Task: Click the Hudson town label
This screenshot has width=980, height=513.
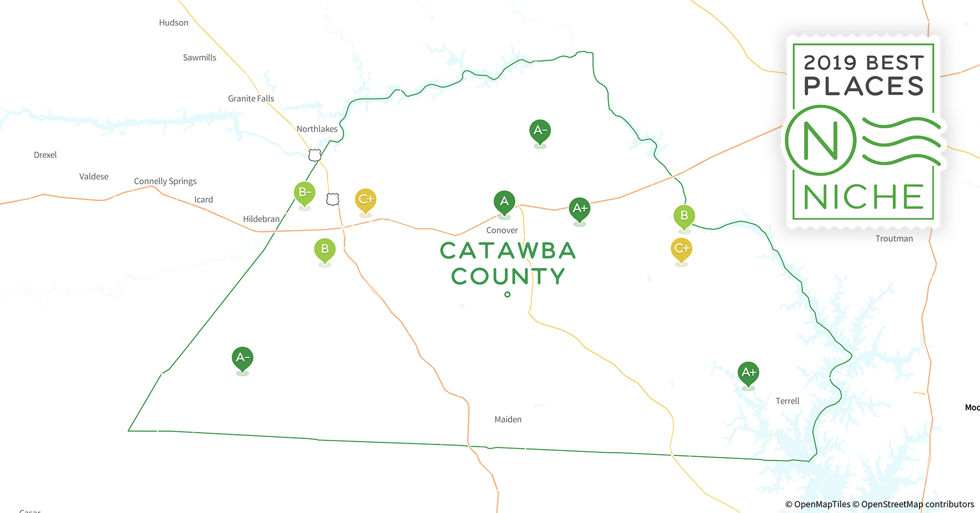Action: (173, 23)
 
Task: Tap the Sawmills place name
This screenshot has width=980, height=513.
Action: (200, 57)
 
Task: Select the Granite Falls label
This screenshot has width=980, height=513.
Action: (251, 98)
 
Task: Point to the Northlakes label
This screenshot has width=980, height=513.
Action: (317, 129)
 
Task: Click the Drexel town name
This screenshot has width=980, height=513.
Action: (45, 155)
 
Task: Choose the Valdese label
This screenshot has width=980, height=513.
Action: (94, 176)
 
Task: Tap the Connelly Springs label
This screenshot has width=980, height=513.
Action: (165, 181)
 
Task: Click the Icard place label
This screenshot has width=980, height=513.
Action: (204, 200)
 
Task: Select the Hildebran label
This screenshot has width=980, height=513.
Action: (261, 219)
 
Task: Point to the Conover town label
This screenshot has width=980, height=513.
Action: (502, 230)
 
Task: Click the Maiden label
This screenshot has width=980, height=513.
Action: (508, 420)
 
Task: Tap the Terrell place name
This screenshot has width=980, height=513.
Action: (788, 401)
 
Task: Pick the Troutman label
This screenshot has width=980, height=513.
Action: (894, 239)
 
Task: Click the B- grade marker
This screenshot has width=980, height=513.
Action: (304, 193)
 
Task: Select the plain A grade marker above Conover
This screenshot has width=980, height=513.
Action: (504, 202)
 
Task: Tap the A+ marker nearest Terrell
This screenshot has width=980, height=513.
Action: (749, 373)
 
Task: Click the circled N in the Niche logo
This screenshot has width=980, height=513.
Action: (820, 141)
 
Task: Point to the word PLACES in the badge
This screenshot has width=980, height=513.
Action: (864, 86)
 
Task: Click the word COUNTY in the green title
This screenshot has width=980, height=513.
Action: (508, 277)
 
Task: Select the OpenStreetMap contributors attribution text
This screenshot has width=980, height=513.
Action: (917, 504)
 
